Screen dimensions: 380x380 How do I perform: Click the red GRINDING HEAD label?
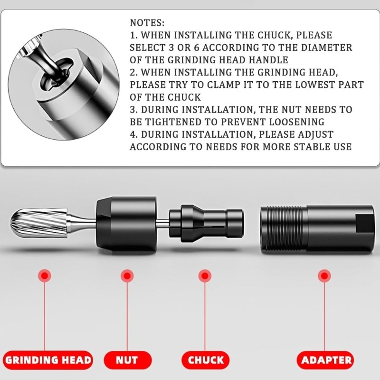coord(47,360)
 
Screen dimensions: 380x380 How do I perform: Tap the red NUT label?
coord(127,360)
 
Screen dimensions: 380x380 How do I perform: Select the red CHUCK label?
coord(205,360)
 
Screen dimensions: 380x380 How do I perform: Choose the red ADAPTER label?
coord(326,360)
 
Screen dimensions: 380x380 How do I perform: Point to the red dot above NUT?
coord(127,275)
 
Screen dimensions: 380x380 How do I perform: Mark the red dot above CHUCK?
coord(205,275)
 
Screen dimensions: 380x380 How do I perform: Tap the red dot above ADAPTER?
coord(324,275)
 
